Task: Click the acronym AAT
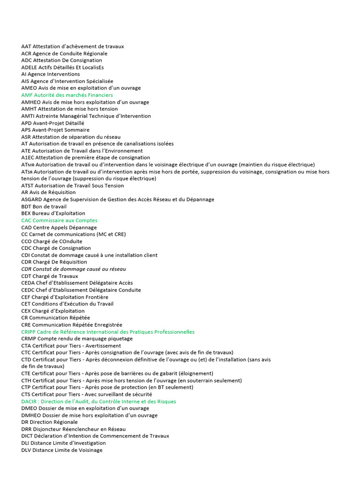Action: [26, 46]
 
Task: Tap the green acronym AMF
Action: [27, 95]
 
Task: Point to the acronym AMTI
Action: [28, 116]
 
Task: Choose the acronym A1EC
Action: [28, 157]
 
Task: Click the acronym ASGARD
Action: [31, 199]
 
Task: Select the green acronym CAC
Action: [26, 220]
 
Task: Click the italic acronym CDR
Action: [27, 269]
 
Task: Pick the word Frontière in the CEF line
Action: [97, 297]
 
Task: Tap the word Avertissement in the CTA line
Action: [104, 345]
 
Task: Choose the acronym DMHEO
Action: [31, 415]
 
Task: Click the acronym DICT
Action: [27, 436]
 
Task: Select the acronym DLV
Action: [26, 450]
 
